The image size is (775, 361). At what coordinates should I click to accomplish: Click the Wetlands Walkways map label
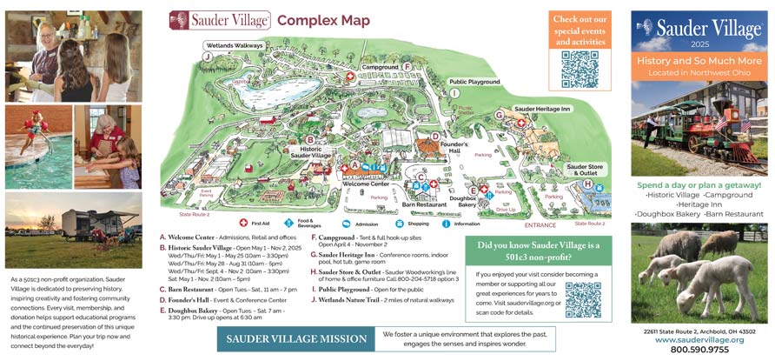click(x=234, y=45)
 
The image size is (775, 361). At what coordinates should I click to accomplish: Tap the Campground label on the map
click(x=380, y=67)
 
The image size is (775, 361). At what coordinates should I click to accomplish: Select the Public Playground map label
click(x=474, y=81)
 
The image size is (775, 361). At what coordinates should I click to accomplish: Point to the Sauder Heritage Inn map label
click(x=542, y=109)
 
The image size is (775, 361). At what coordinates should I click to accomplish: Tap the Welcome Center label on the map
click(x=366, y=184)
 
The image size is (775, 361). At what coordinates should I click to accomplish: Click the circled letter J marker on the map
click(x=207, y=57)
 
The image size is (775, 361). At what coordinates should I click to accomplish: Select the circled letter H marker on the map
click(x=587, y=184)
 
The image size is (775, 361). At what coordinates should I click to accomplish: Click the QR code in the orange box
click(x=580, y=69)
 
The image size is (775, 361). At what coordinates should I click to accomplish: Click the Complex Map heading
click(x=323, y=21)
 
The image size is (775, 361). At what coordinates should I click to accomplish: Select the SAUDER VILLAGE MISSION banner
click(x=295, y=338)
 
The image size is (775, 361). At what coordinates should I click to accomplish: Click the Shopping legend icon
click(x=399, y=223)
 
